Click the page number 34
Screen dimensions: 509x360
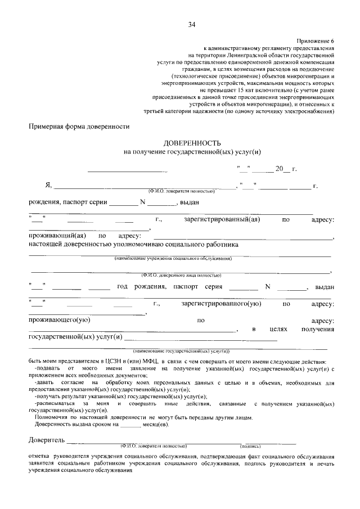click(192, 25)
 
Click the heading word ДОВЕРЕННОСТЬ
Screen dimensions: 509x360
click(192, 144)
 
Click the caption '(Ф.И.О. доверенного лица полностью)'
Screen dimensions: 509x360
click(181, 275)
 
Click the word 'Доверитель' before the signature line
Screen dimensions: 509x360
click(47, 439)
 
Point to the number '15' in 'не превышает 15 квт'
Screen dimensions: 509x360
click(241, 89)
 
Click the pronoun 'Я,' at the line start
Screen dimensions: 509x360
click(48, 186)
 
